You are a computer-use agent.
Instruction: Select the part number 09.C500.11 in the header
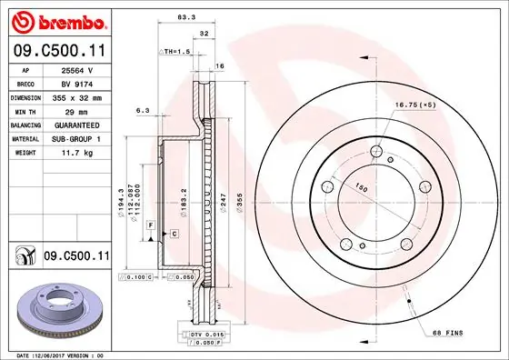[55, 53]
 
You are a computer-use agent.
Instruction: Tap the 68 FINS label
[446, 333]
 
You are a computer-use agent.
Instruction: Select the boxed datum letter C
[173, 234]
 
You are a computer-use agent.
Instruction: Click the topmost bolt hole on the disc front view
[374, 151]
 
